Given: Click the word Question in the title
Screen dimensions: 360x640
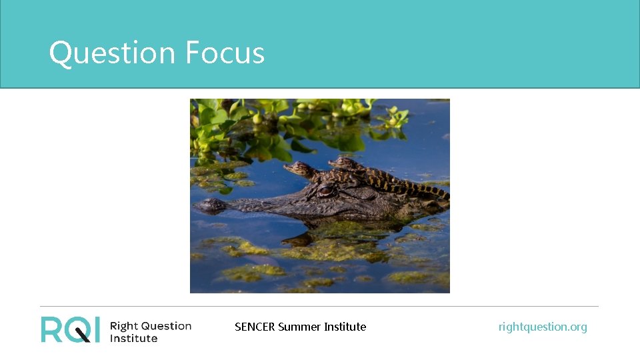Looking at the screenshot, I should point(112,53).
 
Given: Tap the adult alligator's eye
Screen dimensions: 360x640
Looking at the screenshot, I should point(326,191).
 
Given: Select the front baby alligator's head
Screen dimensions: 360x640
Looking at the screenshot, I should point(297,169).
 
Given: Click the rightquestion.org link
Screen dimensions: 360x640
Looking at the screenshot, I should point(543,327).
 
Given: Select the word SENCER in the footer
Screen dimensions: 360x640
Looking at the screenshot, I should point(255,327).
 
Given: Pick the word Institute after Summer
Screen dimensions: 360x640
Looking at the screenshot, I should point(345,327).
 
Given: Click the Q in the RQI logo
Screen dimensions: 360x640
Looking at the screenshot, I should point(77,329).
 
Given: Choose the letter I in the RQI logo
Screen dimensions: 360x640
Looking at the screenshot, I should point(97,329).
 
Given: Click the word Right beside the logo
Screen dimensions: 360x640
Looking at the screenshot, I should point(123,326).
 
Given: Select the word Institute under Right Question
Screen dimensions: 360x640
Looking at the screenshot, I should point(133,338).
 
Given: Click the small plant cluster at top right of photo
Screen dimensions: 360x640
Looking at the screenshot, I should point(395,117).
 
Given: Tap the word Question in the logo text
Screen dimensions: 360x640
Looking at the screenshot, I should point(166,326).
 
